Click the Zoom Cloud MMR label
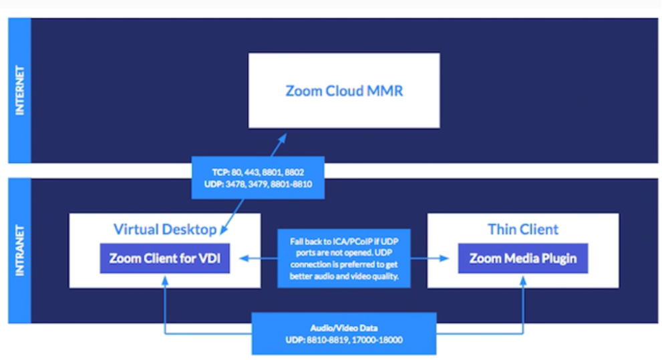(x=344, y=91)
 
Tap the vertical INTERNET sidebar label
(x=20, y=90)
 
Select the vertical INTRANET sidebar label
(x=20, y=250)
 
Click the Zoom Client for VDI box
(x=164, y=258)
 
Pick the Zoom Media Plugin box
(x=522, y=258)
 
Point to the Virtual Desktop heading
(x=165, y=229)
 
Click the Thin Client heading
(x=523, y=229)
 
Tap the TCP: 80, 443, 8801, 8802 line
(x=258, y=172)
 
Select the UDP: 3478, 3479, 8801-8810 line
(x=258, y=184)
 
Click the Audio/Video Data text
(x=344, y=328)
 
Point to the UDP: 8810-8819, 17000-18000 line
(x=344, y=340)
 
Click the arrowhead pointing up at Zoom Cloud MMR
(x=282, y=138)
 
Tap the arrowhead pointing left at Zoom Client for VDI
(x=244, y=258)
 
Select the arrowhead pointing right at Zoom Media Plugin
(x=444, y=258)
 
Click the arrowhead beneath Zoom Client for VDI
(x=164, y=281)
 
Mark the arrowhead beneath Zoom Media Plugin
(x=523, y=281)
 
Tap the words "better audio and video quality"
(x=344, y=277)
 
